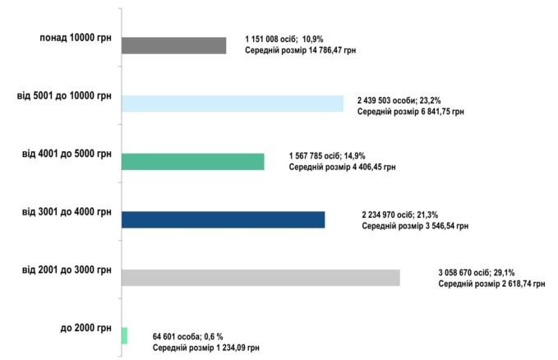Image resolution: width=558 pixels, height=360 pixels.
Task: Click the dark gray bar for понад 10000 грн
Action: pyautogui.click(x=173, y=45)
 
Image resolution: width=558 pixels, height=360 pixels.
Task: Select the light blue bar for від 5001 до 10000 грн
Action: pyautogui.click(x=232, y=103)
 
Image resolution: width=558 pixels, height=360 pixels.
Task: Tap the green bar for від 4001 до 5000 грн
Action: pyautogui.click(x=192, y=161)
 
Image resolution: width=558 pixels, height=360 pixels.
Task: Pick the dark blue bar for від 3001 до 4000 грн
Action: pyautogui.click(x=223, y=219)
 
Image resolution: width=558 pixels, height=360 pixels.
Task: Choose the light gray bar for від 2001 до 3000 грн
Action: pyautogui.click(x=260, y=278)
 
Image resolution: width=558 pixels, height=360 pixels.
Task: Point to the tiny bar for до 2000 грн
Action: pyautogui.click(x=124, y=335)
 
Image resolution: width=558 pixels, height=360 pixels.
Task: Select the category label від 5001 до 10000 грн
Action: pyautogui.click(x=65, y=96)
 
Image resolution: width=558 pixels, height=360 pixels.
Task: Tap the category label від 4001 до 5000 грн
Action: pyautogui.click(x=67, y=154)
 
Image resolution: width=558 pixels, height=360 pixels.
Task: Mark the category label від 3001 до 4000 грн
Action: pyautogui.click(x=67, y=212)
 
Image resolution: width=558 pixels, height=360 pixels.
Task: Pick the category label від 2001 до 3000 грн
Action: pyautogui.click(x=67, y=270)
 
